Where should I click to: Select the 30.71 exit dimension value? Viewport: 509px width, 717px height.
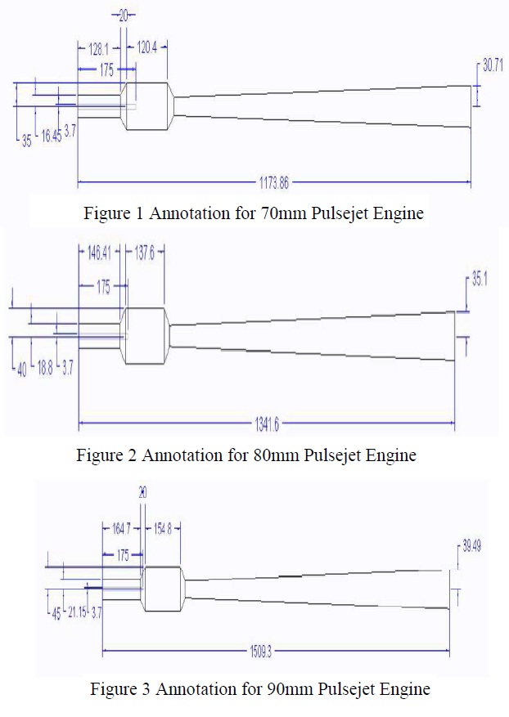[x=493, y=66]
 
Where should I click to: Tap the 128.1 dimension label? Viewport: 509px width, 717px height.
[x=98, y=49]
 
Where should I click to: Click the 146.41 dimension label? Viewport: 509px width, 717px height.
[x=99, y=254]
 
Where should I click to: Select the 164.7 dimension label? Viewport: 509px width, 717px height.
[x=121, y=529]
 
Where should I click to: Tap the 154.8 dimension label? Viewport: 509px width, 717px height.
[x=165, y=529]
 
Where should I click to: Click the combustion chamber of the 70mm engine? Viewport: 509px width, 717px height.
[x=147, y=105]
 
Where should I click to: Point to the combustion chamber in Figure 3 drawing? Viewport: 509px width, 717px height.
[x=164, y=588]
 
